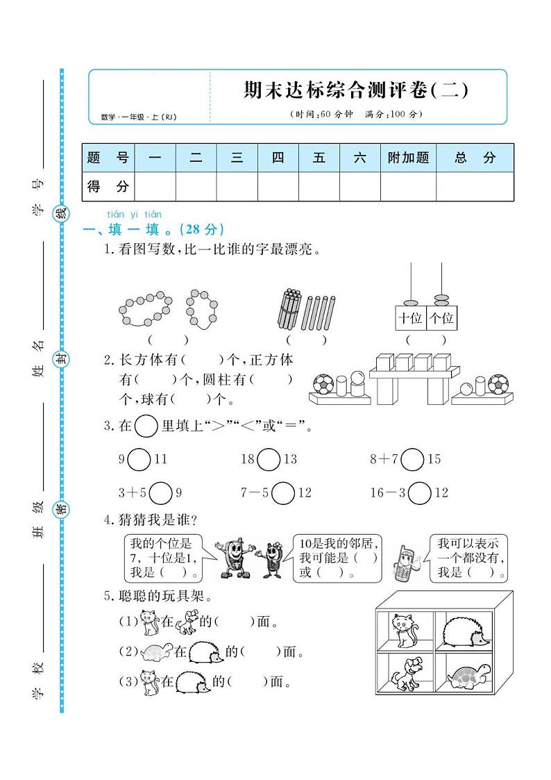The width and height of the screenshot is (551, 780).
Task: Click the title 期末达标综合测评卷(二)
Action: point(356,90)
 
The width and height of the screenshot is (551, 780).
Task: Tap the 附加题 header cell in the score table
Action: point(408,158)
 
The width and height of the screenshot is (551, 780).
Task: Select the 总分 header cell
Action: point(475,158)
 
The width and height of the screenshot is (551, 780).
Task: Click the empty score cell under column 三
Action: point(237,186)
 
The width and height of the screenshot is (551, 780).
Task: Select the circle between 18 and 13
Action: point(269,459)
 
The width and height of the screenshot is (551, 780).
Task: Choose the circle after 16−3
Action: point(420,493)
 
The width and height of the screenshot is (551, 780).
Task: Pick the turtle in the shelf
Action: point(467,674)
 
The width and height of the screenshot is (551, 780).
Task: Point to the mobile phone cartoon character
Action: point(405,563)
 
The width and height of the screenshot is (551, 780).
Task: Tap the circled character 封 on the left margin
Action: point(62,358)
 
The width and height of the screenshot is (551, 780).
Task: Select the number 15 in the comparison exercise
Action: point(434,459)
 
